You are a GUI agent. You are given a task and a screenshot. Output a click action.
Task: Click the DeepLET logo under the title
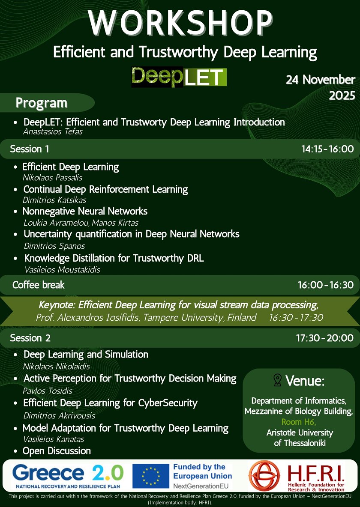coord(179,77)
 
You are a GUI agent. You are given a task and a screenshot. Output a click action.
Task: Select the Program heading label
coord(42,103)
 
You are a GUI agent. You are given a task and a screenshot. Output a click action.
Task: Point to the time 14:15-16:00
coord(327,149)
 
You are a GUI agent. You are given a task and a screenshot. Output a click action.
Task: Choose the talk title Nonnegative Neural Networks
coord(85,212)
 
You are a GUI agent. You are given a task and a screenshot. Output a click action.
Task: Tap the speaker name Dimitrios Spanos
coord(54,246)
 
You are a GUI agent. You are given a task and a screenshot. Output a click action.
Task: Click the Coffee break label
coord(39,285)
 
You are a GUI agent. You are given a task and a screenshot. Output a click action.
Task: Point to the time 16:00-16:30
coord(326,285)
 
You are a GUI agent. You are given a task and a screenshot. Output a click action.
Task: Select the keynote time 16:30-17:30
coord(296,318)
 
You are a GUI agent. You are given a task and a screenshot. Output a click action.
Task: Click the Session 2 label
coord(30,338)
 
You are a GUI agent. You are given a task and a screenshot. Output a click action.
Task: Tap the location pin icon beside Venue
coord(277,380)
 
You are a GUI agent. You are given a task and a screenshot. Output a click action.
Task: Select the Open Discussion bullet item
coord(57,451)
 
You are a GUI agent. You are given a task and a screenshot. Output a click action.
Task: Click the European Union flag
coord(150,476)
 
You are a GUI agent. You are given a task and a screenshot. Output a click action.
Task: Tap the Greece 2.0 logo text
coord(68,473)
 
